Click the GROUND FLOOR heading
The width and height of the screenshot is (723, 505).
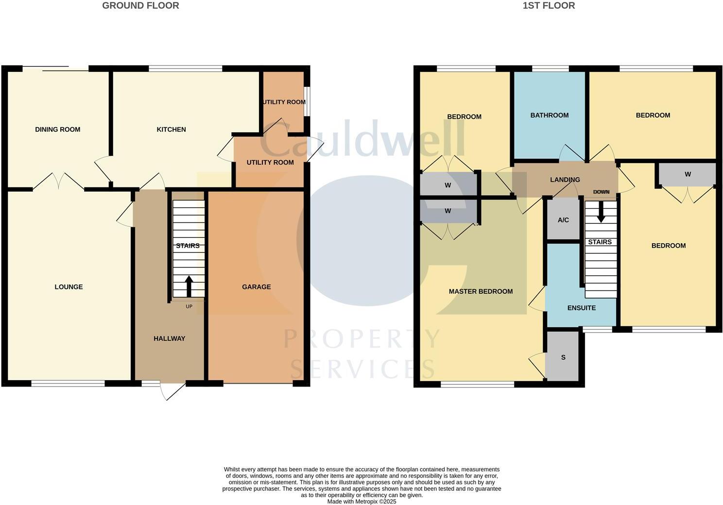(140, 6)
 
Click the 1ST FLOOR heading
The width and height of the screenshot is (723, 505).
(549, 6)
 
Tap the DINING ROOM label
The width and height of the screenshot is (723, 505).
(57, 130)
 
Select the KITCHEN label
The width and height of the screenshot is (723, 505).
(171, 130)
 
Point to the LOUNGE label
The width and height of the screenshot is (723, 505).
(69, 287)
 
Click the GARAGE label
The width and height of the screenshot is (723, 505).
(256, 287)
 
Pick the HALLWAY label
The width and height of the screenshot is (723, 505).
(169, 338)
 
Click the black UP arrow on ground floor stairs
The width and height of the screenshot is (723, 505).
(189, 286)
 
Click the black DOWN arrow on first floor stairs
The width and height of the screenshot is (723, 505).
(601, 212)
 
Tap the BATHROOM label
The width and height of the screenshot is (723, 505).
(549, 116)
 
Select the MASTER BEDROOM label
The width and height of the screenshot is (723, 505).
(481, 291)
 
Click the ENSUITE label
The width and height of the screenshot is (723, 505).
(581, 308)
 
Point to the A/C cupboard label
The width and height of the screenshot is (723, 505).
(563, 220)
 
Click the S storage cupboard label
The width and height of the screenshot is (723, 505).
(563, 357)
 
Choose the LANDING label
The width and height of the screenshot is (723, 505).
(565, 180)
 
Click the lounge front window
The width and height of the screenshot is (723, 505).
(68, 384)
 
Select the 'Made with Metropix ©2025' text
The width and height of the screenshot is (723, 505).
(361, 502)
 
